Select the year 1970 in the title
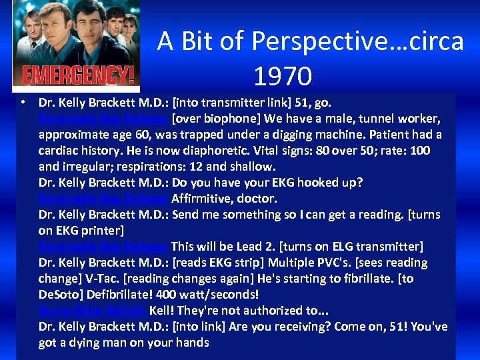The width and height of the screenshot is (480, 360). (282, 76)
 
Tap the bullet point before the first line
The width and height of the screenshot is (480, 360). (23, 103)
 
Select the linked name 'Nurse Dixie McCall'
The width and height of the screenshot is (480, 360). (92, 311)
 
